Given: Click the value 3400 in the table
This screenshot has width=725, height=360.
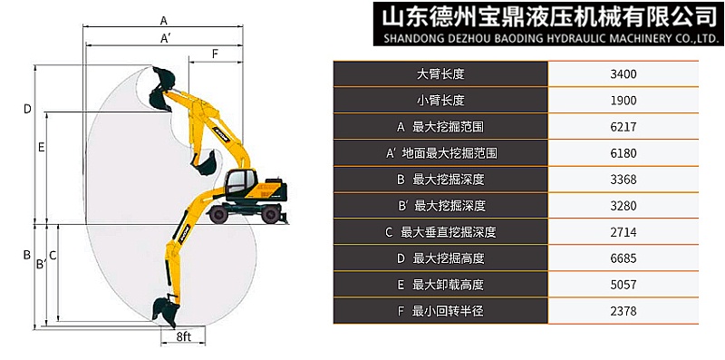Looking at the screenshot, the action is [x=624, y=73].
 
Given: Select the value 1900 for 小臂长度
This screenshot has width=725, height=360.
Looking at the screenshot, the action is [x=624, y=100].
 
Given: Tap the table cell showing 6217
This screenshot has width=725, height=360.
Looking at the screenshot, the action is [x=624, y=127].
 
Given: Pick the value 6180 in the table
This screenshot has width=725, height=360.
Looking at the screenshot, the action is [x=624, y=153].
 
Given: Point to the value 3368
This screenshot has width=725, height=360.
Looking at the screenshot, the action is [x=624, y=180].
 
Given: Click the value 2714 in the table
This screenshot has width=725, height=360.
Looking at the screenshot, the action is [x=624, y=232].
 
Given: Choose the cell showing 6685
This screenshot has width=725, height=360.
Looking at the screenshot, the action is [x=624, y=258].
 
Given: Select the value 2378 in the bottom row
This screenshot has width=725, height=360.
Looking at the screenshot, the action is [x=624, y=312].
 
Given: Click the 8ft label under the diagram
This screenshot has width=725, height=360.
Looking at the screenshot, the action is [x=184, y=337].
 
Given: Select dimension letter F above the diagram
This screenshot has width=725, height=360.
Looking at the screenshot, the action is [x=215, y=54].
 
